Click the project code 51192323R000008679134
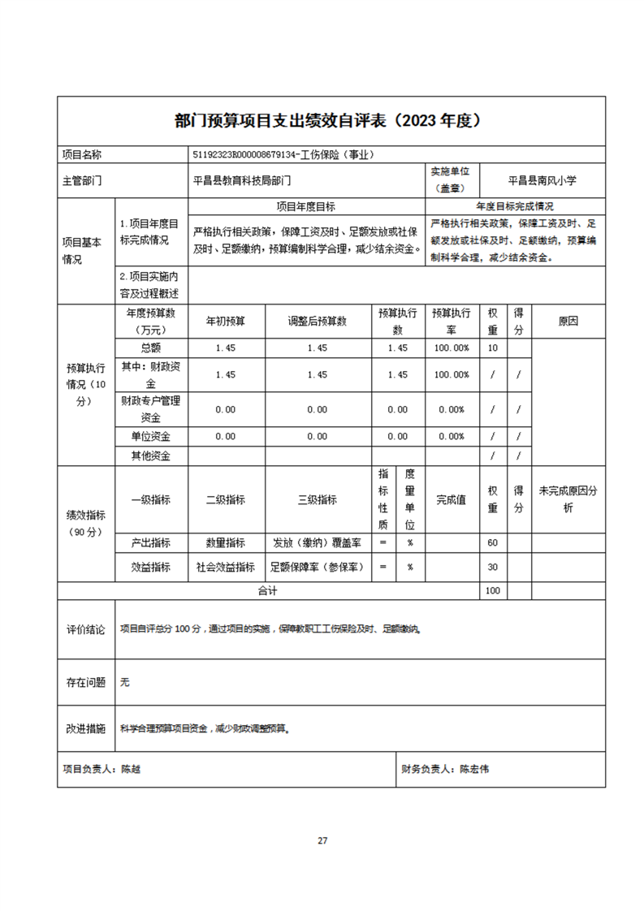[243, 154]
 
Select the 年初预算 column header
[225, 321]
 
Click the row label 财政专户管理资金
[151, 408]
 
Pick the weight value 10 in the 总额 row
[492, 348]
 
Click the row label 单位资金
[151, 436]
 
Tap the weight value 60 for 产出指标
[492, 542]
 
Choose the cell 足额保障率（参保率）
[317, 567]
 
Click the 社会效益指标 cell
[225, 567]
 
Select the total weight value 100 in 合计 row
[492, 591]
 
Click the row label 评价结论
[85, 630]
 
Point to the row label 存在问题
[85, 683]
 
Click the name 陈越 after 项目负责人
[131, 768]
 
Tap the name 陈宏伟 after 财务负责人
[474, 768]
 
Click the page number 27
[322, 840]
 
